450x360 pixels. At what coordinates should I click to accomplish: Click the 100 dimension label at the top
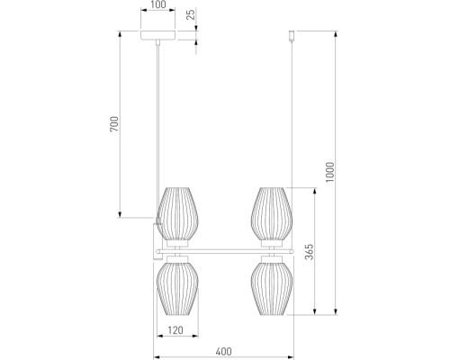158,4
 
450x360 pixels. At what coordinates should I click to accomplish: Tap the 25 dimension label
191,14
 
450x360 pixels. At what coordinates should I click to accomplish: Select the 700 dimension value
114,124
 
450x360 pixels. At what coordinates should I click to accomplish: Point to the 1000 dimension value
329,172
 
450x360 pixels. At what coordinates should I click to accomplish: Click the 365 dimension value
309,251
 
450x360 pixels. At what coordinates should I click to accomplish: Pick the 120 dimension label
175,330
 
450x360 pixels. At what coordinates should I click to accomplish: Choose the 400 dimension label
224,352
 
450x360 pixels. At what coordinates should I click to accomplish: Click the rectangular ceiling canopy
158,35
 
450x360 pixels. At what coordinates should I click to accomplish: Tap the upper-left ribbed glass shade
177,213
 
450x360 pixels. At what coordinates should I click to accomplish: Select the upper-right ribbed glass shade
272,213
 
